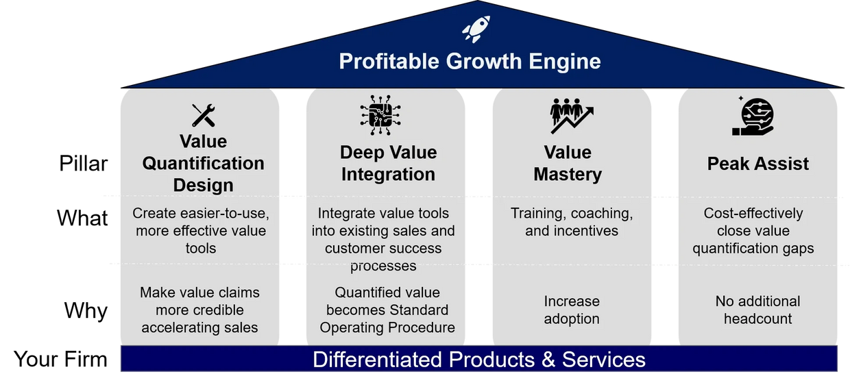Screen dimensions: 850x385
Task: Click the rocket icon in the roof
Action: (476, 29)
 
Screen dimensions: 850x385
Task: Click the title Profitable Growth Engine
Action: (470, 61)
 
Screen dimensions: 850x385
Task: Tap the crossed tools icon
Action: (204, 115)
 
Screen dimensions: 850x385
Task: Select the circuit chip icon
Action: (380, 115)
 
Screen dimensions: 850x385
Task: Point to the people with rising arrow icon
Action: (572, 116)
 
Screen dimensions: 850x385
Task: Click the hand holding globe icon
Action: (753, 116)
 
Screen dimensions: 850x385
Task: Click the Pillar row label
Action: (84, 164)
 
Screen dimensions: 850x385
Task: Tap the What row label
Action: (82, 218)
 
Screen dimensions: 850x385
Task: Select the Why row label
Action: (86, 310)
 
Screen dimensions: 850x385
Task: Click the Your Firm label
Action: (61, 359)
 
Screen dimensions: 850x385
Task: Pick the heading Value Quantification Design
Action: (204, 163)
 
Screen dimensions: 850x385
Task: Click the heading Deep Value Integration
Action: (388, 163)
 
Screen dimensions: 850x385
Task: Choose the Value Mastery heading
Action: (568, 163)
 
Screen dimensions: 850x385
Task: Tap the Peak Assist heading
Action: (757, 164)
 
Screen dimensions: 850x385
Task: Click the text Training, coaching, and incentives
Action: (572, 222)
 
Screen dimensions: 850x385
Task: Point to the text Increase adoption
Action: (572, 310)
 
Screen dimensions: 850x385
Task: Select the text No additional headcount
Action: (757, 310)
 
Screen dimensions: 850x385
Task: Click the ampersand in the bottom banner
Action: (548, 359)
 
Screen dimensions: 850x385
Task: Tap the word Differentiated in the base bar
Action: (377, 359)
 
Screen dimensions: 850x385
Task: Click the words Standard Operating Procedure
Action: (387, 319)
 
